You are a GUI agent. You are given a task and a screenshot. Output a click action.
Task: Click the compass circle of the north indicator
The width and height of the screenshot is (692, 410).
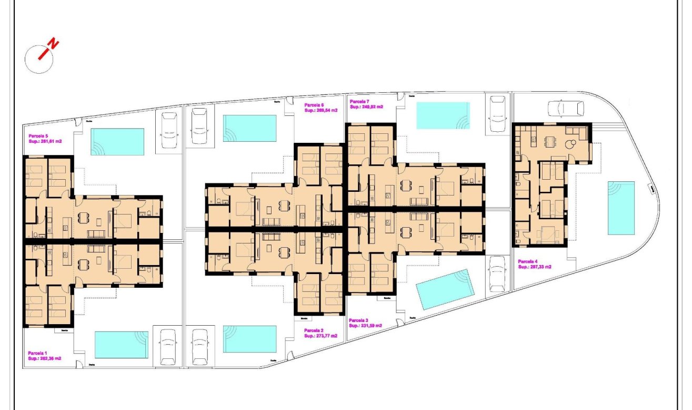click(x=39, y=58)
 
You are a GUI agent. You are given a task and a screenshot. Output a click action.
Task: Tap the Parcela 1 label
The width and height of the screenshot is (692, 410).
click(x=37, y=353)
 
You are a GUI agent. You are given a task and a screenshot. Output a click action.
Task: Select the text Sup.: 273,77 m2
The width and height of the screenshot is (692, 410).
click(x=320, y=336)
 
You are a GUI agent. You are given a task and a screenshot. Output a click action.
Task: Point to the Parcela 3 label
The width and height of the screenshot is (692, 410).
click(x=359, y=320)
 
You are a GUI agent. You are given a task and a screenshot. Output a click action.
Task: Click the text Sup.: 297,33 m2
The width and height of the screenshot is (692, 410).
click(x=535, y=267)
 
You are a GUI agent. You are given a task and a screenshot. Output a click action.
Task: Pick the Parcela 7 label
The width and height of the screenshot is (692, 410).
click(x=360, y=101)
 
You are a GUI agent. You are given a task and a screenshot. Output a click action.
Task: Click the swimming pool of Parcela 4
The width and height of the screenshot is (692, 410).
click(x=621, y=208)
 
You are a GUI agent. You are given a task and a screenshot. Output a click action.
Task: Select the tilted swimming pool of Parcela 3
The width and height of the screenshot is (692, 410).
click(x=445, y=289)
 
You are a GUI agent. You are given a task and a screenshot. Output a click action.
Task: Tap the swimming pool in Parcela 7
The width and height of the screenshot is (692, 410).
click(x=443, y=115)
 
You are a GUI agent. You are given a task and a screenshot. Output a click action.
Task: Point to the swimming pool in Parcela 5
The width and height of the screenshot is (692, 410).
click(x=117, y=142)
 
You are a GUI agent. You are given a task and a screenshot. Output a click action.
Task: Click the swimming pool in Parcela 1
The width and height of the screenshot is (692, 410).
click(x=121, y=345)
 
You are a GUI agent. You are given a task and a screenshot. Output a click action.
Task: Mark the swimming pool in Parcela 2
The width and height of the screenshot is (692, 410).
click(x=250, y=339)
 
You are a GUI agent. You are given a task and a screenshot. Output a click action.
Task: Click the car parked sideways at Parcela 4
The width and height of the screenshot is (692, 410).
click(x=566, y=108)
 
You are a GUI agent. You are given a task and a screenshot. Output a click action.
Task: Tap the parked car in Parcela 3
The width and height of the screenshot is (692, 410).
click(x=496, y=274)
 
